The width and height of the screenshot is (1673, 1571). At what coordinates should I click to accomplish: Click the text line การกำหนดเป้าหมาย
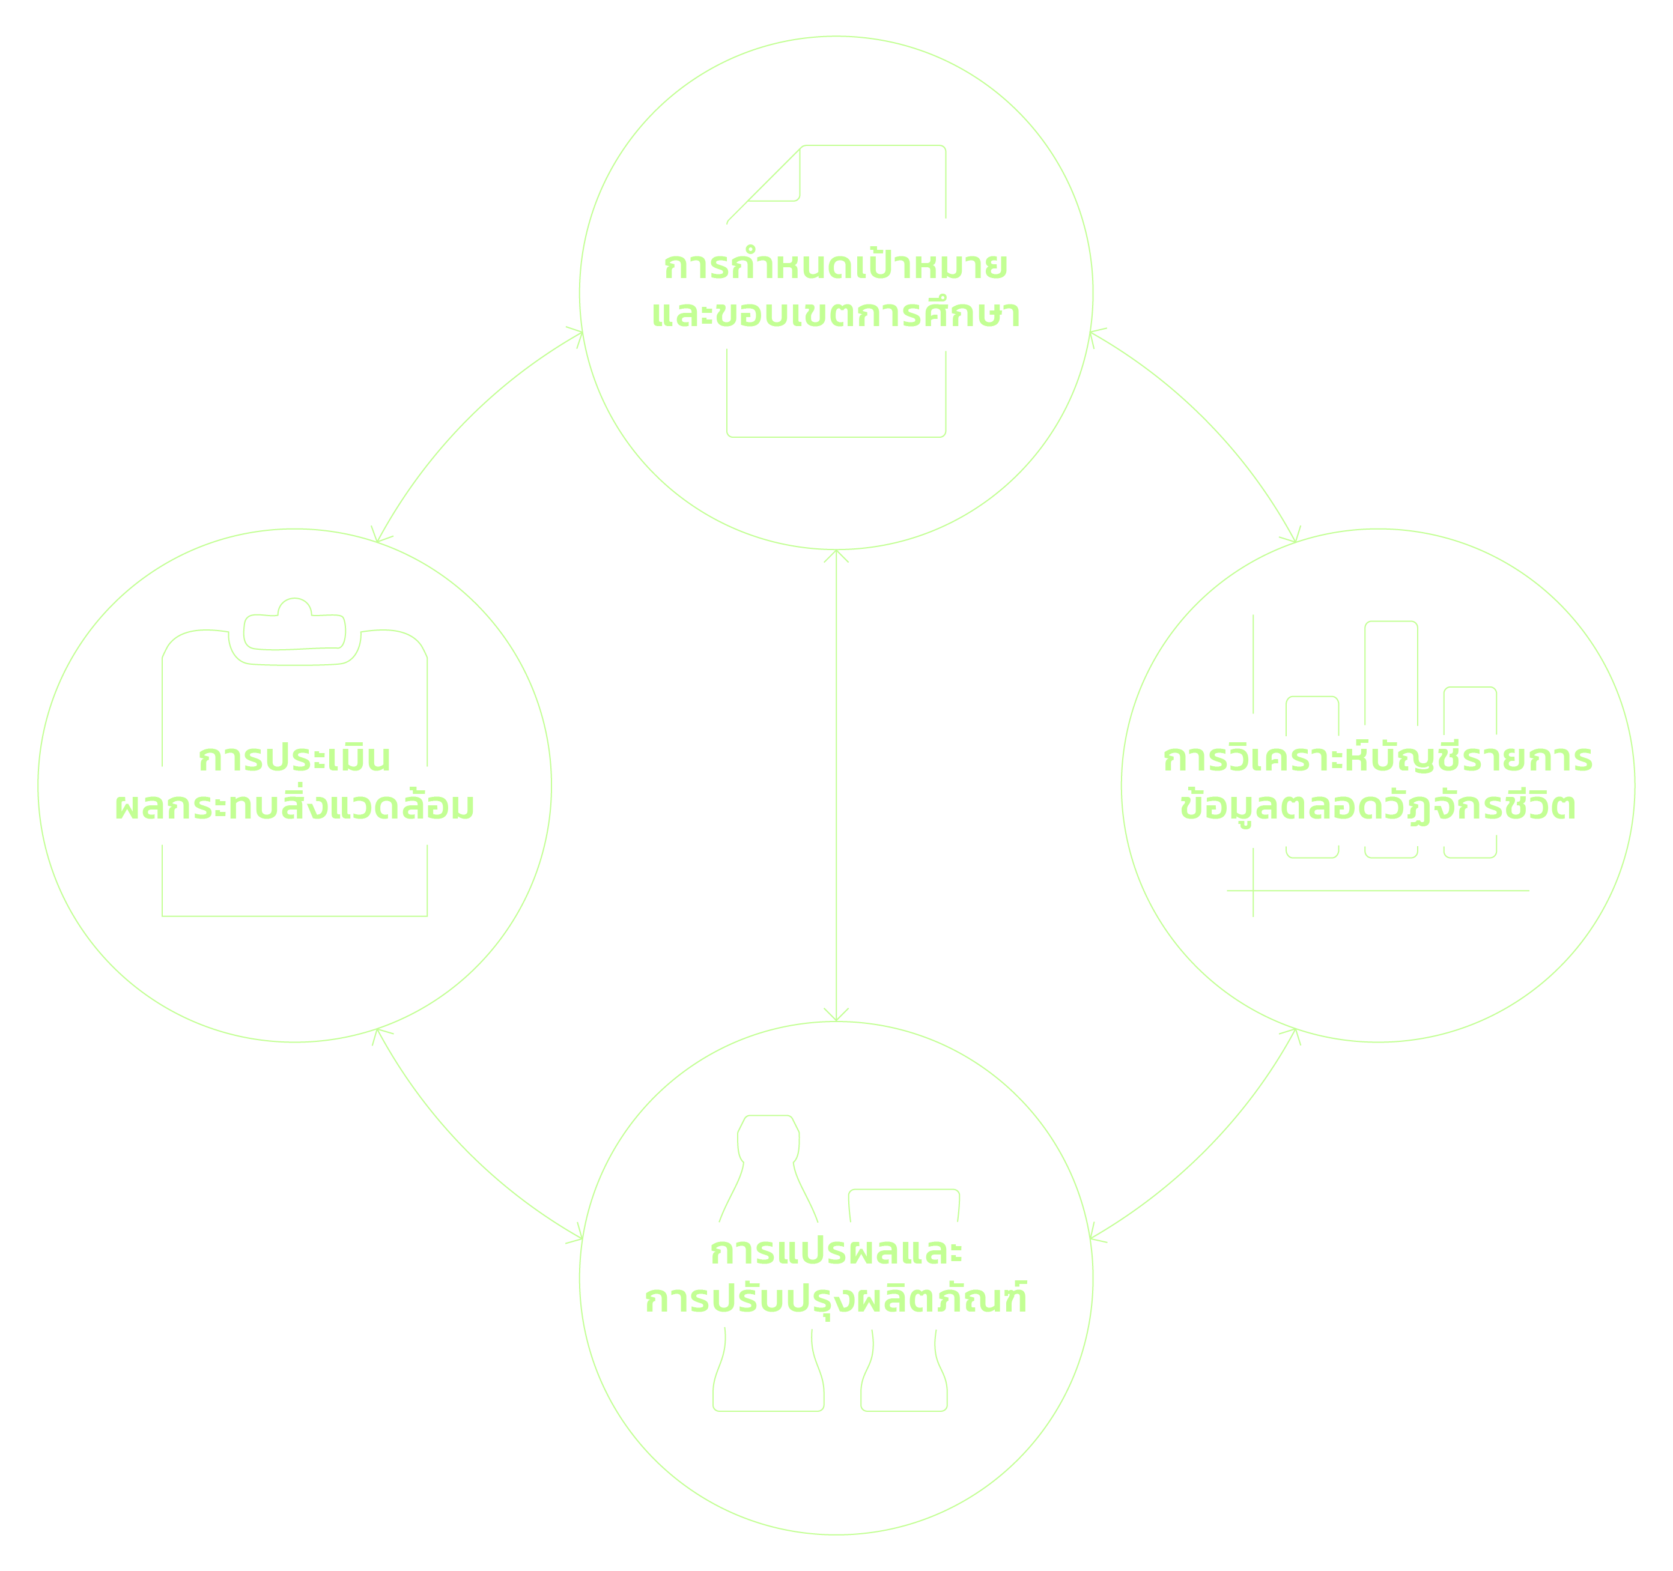[x=836, y=267]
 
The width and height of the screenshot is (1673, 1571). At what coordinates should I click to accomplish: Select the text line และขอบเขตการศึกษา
[x=836, y=315]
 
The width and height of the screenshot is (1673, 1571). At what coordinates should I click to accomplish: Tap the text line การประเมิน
[x=294, y=759]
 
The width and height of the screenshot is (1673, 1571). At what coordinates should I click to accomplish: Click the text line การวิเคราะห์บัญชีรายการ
[x=1377, y=759]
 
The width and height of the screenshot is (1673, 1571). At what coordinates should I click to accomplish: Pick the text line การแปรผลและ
[x=836, y=1252]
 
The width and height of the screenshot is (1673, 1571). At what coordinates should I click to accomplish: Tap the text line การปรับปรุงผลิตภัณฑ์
[x=836, y=1299]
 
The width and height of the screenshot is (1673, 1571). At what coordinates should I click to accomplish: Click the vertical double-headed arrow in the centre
[x=836, y=786]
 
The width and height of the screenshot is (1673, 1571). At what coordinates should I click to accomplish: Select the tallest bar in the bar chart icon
[x=1391, y=673]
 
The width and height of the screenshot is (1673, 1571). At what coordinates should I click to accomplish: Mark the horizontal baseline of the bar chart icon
[x=1377, y=890]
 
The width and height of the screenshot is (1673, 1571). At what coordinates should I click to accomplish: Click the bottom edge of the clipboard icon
[x=294, y=915]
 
